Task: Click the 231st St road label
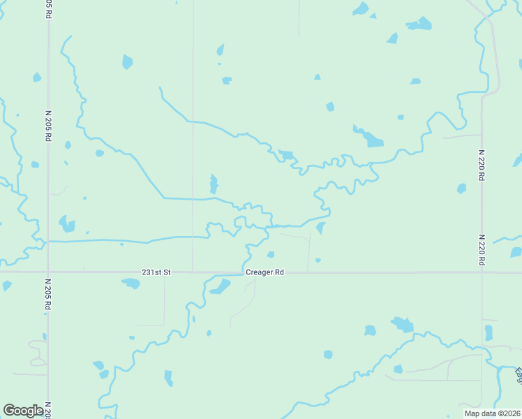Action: (156, 272)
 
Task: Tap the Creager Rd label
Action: (264, 272)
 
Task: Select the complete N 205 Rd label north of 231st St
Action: (48, 126)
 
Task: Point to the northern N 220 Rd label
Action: (482, 165)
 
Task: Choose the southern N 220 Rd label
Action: (482, 249)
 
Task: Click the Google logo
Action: (23, 411)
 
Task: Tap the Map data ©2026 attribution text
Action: (492, 413)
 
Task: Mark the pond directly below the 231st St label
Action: (131, 284)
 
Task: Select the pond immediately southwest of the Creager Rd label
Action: (221, 286)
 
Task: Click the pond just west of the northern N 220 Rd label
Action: (461, 189)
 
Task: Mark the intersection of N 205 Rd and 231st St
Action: (47, 272)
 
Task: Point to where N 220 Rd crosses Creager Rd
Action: (482, 272)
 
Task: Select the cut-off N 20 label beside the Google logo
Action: (48, 410)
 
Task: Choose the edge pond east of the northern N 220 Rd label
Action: (517, 161)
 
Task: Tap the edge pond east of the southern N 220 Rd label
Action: (516, 252)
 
